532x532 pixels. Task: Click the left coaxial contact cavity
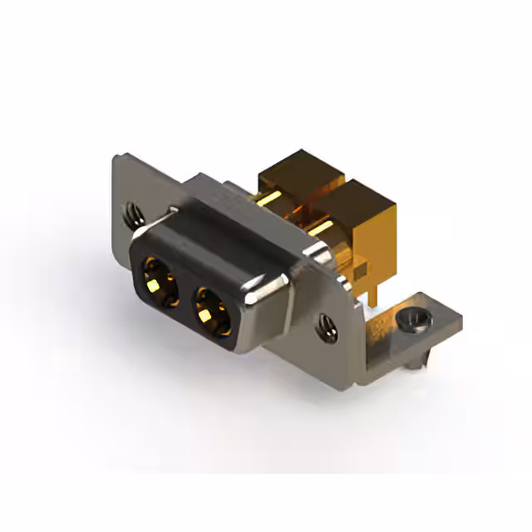click(x=161, y=278)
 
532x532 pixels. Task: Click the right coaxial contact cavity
click(x=211, y=311)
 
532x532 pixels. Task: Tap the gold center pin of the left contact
click(x=155, y=281)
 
